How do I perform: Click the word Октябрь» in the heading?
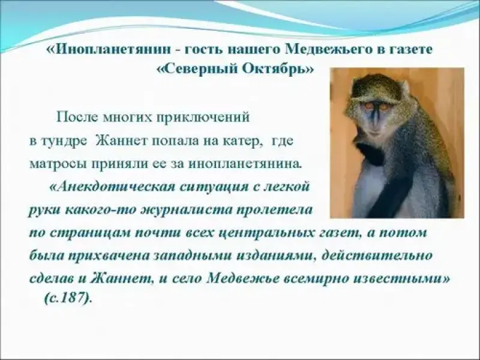point(278,70)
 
